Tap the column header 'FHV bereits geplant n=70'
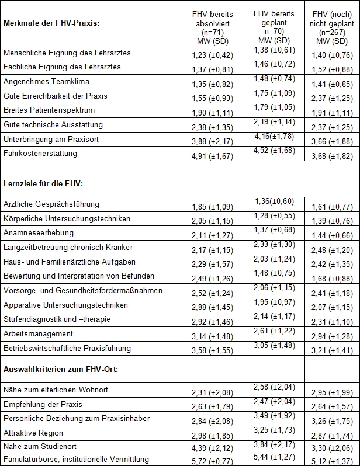[274, 26]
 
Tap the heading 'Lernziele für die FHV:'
[44, 183]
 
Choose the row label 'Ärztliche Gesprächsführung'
[51, 204]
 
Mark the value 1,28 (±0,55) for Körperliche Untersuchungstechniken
[274, 215]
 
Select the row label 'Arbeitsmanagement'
[38, 333]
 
